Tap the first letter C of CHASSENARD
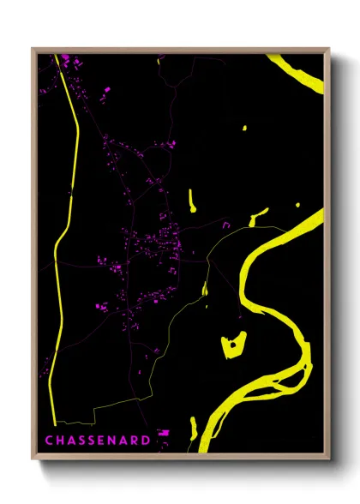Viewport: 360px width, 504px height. pyautogui.click(x=48, y=441)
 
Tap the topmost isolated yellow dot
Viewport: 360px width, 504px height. pyautogui.click(x=244, y=129)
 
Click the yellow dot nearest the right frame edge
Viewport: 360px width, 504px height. pyautogui.click(x=297, y=204)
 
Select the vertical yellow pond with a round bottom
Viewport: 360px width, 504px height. pyautogui.click(x=192, y=201)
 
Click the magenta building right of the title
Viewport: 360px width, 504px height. pyautogui.click(x=164, y=433)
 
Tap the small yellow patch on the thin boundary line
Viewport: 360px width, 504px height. pyautogui.click(x=205, y=290)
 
